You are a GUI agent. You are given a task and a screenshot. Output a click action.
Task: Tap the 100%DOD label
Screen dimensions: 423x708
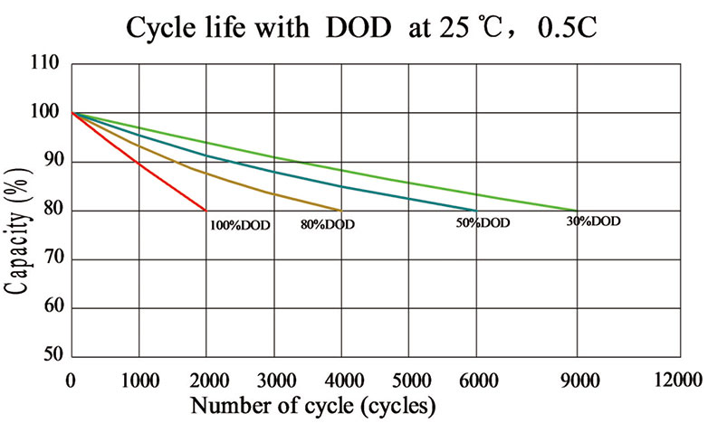240,225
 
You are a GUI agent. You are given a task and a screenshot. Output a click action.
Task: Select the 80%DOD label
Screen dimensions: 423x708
327,224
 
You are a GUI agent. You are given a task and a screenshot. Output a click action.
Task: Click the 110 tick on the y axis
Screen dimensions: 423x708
45,64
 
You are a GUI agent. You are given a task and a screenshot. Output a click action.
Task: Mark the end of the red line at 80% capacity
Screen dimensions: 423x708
206,211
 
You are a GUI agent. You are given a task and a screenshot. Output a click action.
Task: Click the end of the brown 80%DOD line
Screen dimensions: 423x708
341,211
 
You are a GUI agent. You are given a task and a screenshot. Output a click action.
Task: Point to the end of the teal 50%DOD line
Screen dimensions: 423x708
476,211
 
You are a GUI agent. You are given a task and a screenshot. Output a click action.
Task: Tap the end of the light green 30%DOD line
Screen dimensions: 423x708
577,211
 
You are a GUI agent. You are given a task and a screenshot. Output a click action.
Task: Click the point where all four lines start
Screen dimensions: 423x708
72,113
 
